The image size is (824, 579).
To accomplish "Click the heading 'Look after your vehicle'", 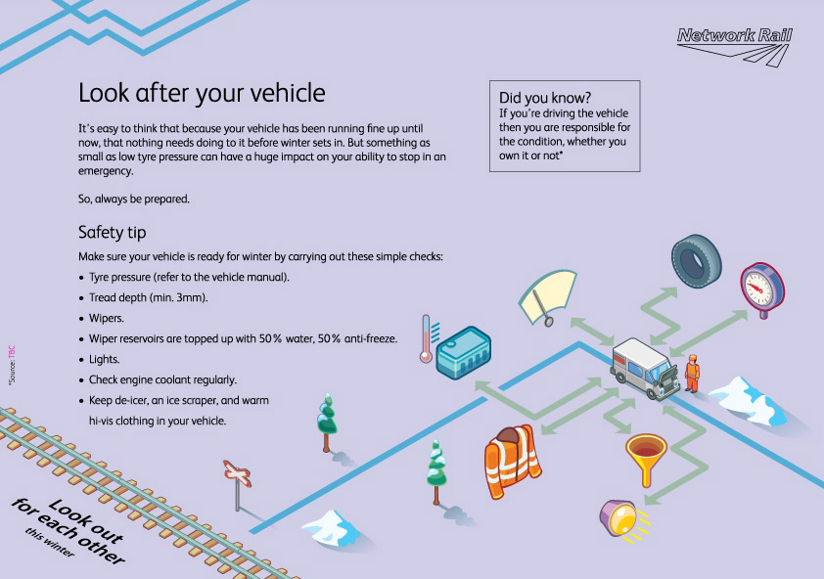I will [x=201, y=94].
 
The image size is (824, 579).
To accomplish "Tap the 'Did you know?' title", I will [x=545, y=98].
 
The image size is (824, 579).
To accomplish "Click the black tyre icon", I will [x=698, y=259].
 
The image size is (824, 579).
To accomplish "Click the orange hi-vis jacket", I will [x=511, y=458].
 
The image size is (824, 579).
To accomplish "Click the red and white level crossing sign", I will [x=237, y=476].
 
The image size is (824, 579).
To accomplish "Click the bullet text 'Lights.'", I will [x=105, y=359].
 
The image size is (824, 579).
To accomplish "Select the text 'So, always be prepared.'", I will [x=134, y=200].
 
